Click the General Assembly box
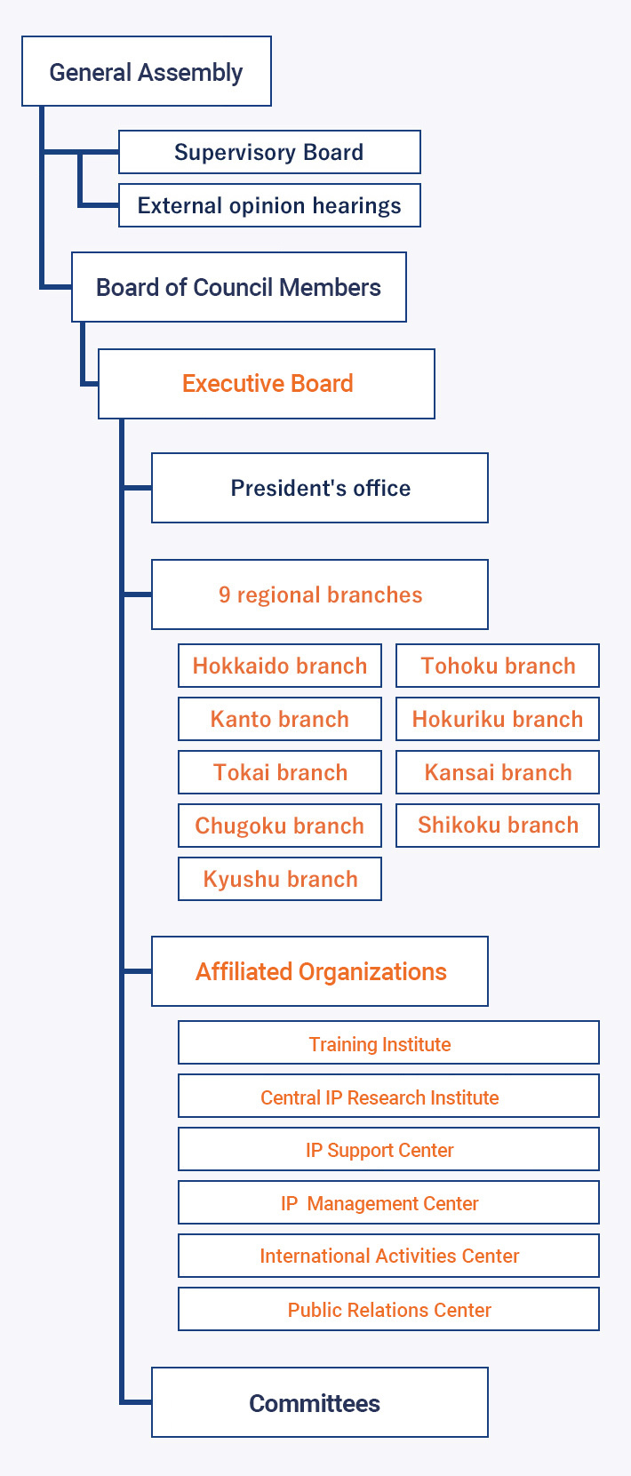[146, 72]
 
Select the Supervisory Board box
[268, 152]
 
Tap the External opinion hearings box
[268, 205]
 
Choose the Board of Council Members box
[238, 287]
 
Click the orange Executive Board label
[268, 383]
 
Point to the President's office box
[320, 488]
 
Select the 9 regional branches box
[320, 594]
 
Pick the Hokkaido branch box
[280, 666]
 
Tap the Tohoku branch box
[498, 666]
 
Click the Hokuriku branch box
[498, 719]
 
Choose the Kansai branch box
[498, 772]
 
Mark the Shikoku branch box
[498, 826]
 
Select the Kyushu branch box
[280, 879]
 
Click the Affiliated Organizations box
[320, 971]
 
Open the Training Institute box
[388, 1043]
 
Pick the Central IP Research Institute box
[388, 1097]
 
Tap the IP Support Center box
[388, 1150]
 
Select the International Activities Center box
[388, 1256]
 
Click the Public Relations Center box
[388, 1309]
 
